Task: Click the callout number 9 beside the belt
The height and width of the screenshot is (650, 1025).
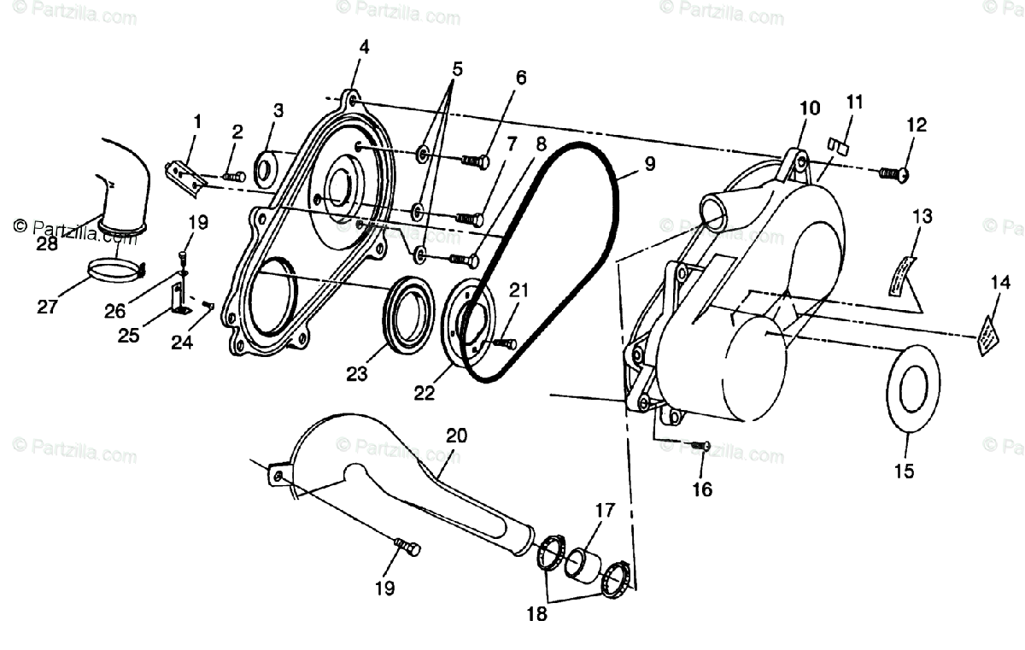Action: [x=650, y=164]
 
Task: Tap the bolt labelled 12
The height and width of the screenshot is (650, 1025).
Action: [x=893, y=174]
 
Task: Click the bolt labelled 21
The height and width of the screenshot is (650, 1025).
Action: [x=505, y=343]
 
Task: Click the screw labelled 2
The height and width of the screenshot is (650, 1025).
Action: [x=233, y=177]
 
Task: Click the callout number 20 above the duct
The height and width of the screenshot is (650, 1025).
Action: [x=456, y=435]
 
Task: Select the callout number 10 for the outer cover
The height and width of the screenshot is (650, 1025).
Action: [x=809, y=108]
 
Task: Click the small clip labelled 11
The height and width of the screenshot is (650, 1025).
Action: [x=838, y=144]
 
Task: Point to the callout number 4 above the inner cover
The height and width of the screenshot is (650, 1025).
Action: [x=365, y=48]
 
